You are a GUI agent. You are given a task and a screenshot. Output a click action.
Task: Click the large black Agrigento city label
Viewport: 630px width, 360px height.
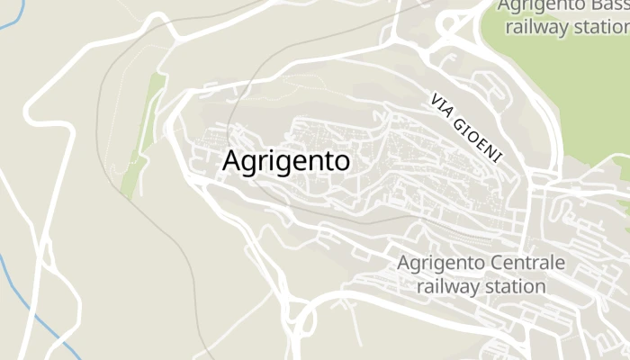pyautogui.click(x=286, y=162)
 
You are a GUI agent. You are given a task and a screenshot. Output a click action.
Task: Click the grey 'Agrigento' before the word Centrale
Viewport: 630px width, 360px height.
pyautogui.click(x=442, y=264)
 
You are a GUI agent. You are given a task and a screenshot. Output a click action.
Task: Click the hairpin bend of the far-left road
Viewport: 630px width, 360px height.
pyautogui.click(x=32, y=113)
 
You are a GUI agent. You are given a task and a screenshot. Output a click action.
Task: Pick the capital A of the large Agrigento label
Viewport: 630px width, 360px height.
pyautogui.click(x=230, y=161)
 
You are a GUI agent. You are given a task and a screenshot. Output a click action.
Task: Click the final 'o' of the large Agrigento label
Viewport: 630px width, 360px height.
pyautogui.click(x=341, y=163)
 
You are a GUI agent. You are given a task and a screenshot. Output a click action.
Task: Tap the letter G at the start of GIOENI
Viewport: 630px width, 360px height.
pyautogui.click(x=462, y=121)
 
